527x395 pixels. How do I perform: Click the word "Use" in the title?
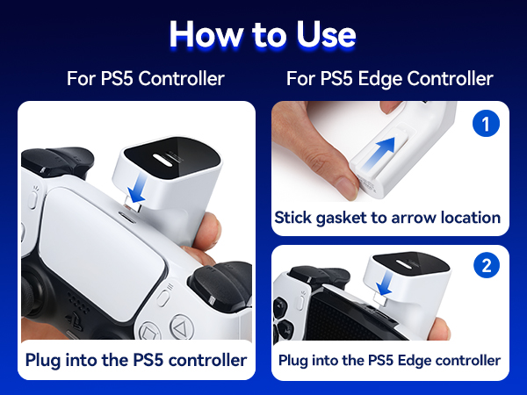coord(326,34)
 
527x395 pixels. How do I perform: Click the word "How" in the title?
coord(206,34)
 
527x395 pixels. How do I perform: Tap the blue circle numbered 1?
coord(486,123)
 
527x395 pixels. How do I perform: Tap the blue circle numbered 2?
coord(487,266)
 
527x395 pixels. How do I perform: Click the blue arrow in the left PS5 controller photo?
coord(140,190)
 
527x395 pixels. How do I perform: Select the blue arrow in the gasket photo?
coord(379,153)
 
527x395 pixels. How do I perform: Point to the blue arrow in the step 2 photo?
coord(385,284)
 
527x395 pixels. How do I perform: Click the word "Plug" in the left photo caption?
coord(43,361)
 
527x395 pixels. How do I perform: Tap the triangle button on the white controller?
coord(182,326)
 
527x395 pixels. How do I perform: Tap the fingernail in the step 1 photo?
coord(347,188)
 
